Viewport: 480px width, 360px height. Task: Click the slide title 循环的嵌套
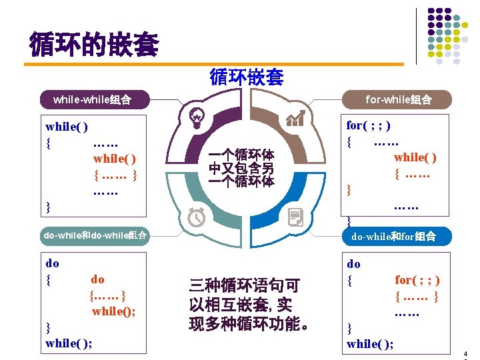click(x=94, y=45)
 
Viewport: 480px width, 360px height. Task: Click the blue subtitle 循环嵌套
click(x=246, y=77)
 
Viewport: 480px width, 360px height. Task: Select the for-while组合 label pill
click(x=399, y=100)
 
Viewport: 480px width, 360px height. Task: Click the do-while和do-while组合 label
click(x=95, y=235)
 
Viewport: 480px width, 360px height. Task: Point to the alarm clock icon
click(x=197, y=217)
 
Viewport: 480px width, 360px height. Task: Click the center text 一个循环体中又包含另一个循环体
click(x=241, y=167)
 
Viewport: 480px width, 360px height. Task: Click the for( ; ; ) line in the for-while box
click(x=369, y=125)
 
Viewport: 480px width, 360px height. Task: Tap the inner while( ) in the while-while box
click(x=115, y=159)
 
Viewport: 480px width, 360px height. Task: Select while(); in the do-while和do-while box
click(x=114, y=311)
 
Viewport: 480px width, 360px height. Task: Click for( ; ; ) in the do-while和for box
click(x=417, y=280)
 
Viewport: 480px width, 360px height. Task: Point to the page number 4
click(x=465, y=353)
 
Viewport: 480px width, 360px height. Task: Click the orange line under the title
click(x=213, y=64)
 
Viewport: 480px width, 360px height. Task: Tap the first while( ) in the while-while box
click(x=67, y=126)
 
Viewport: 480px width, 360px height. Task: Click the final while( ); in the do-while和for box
click(x=370, y=343)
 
